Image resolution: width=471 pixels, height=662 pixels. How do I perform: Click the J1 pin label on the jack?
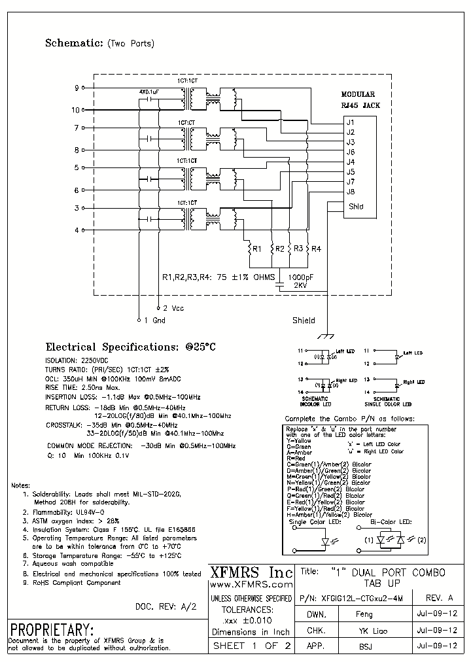[x=351, y=122]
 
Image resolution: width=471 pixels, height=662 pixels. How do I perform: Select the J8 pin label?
[x=351, y=191]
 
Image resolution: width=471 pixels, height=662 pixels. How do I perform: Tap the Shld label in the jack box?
[x=355, y=206]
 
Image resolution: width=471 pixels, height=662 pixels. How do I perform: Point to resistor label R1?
[x=257, y=249]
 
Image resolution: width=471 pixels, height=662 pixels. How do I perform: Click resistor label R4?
[x=316, y=249]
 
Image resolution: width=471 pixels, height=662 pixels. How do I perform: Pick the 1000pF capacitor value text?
[x=300, y=277]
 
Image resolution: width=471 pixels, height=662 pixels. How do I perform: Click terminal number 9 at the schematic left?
[x=77, y=87]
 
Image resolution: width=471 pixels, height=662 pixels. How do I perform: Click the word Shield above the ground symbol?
[x=304, y=321]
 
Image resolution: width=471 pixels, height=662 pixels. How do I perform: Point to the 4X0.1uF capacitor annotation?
[x=148, y=92]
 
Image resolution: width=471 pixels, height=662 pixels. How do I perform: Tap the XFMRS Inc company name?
[x=251, y=572]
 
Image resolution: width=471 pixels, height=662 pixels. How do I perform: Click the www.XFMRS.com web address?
[x=251, y=584]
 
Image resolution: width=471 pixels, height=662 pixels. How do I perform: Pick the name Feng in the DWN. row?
[x=364, y=615]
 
